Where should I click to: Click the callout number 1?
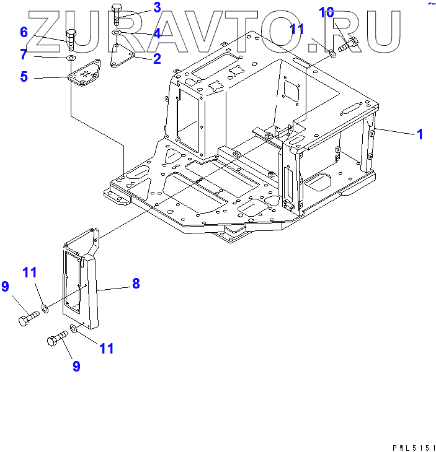tap(420, 134)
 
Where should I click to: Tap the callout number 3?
tap(157, 7)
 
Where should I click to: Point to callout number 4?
tap(157, 33)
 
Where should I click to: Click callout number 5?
tap(24, 77)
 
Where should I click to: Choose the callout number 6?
tap(24, 32)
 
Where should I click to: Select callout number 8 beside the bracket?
tap(135, 284)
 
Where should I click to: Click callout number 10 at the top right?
tap(327, 12)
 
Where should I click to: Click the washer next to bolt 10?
tap(332, 54)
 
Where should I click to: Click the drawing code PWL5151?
tap(412, 446)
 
